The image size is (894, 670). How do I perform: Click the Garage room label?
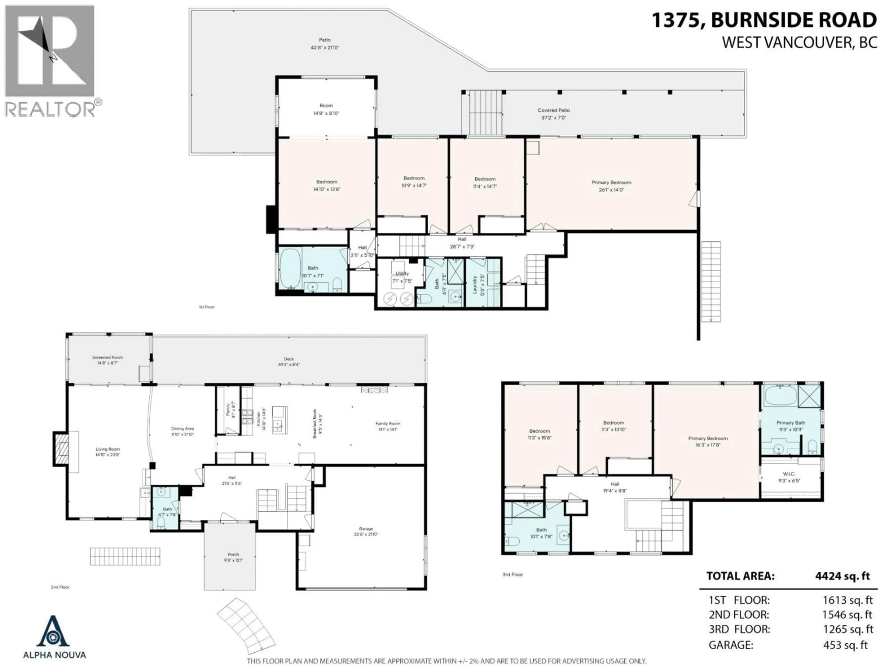click(x=366, y=528)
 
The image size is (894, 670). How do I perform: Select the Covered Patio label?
click(x=553, y=110)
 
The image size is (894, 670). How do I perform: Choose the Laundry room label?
click(x=475, y=284)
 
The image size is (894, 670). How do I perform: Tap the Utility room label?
click(x=402, y=273)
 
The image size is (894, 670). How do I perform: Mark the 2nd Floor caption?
click(x=60, y=587)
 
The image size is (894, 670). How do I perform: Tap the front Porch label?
click(x=233, y=555)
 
